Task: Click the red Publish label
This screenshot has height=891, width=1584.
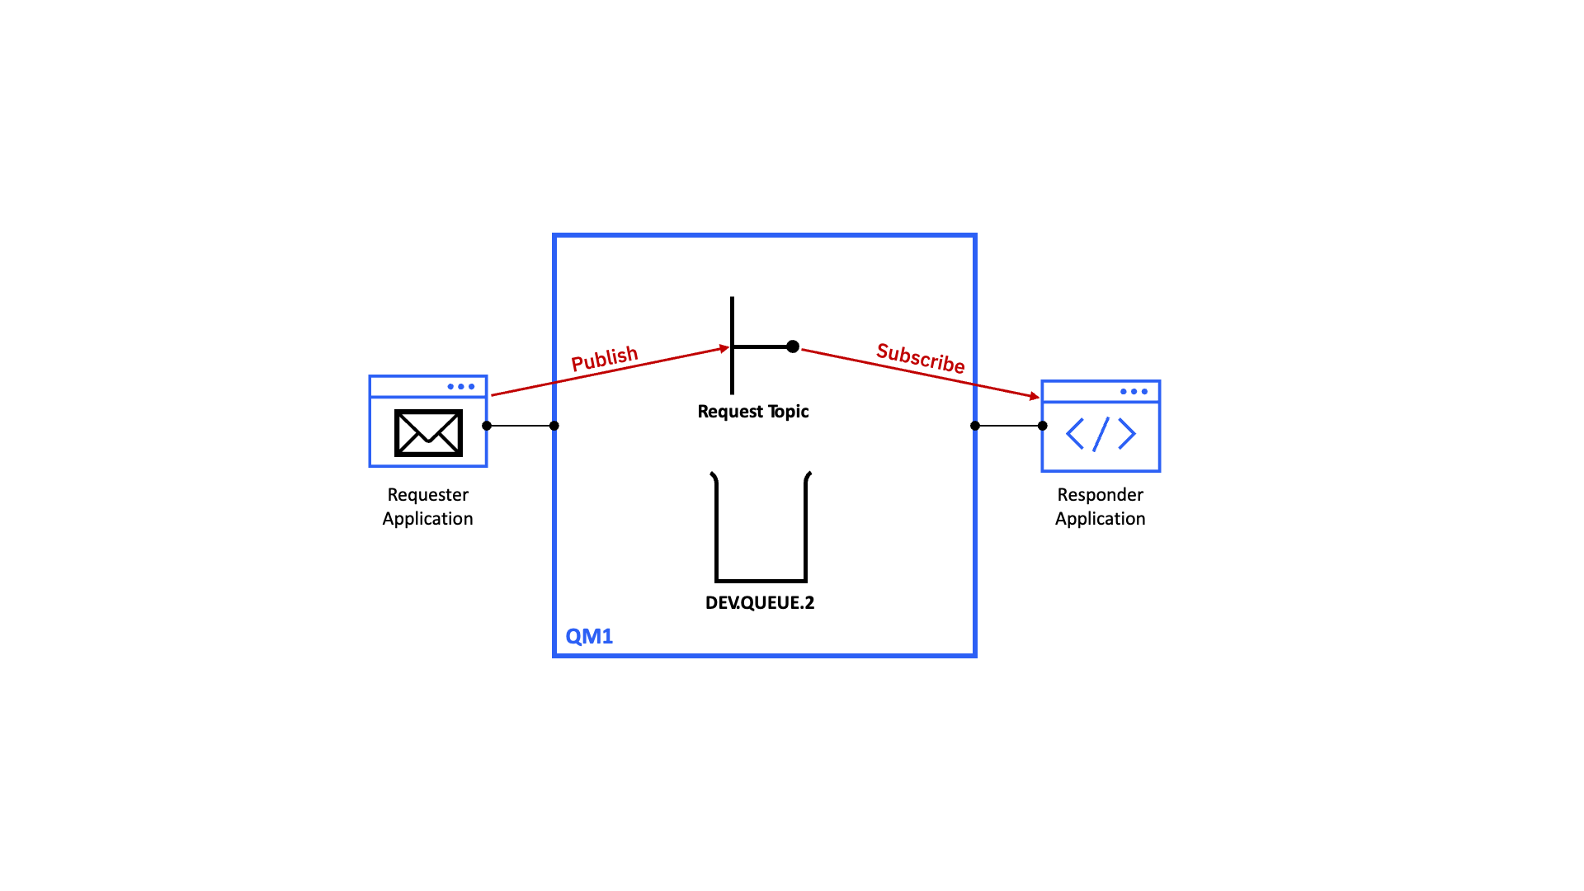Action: point(605,359)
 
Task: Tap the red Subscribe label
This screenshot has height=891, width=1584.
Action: point(921,358)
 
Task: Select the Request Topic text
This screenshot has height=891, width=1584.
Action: point(752,411)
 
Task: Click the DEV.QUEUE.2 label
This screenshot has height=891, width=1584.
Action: point(760,602)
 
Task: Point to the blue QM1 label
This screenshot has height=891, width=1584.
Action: point(589,636)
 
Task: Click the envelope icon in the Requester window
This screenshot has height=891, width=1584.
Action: point(428,432)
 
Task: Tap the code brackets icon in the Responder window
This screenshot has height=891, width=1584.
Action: point(1101,434)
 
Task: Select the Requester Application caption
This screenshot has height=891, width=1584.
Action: point(427,507)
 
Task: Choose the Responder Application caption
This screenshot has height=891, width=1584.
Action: point(1100,507)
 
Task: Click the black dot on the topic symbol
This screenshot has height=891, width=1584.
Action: point(793,346)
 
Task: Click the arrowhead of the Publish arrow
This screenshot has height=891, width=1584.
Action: point(725,348)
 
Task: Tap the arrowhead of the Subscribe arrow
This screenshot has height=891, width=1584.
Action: point(1035,397)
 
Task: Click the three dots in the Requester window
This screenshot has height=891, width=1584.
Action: point(460,386)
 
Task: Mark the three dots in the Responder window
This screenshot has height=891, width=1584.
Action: point(1134,391)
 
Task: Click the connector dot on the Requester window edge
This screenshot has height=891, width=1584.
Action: point(487,426)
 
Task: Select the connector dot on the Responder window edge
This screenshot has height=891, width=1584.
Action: point(1043,426)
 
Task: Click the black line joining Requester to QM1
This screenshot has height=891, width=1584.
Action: point(521,426)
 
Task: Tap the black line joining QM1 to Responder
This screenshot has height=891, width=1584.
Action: point(1009,426)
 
